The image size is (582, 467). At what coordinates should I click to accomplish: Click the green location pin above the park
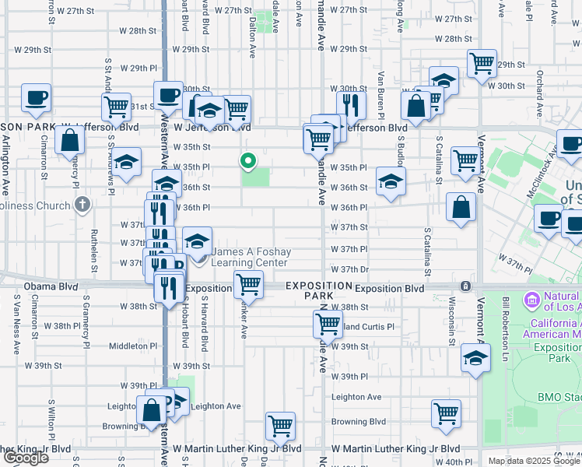pos(248,161)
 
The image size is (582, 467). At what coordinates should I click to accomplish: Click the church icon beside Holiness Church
pos(82,205)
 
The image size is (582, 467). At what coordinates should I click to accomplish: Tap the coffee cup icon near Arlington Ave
pos(36,98)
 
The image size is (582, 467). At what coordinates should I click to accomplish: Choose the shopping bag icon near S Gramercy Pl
pos(70,141)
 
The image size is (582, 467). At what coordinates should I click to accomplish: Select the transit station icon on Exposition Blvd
pos(465,287)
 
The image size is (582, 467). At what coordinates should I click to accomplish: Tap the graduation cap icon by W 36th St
pos(391,182)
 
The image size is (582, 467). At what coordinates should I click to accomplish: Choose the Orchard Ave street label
pos(539,86)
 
